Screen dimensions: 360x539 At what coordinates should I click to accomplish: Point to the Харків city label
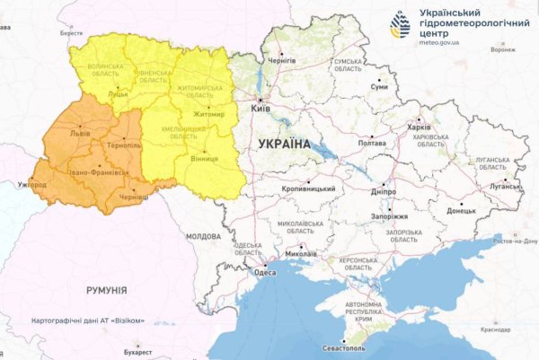[x=419, y=127]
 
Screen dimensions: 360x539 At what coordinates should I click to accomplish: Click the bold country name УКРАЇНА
[x=283, y=144]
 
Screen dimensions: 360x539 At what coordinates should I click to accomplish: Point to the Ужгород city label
[x=31, y=184]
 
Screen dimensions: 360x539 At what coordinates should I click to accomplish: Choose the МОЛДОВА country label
[x=203, y=236]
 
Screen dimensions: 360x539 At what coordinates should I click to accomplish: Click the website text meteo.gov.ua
[x=444, y=40]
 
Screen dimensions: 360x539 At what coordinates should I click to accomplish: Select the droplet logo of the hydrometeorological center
[x=399, y=25]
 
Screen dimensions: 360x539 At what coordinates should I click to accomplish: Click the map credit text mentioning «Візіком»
[x=87, y=320]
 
